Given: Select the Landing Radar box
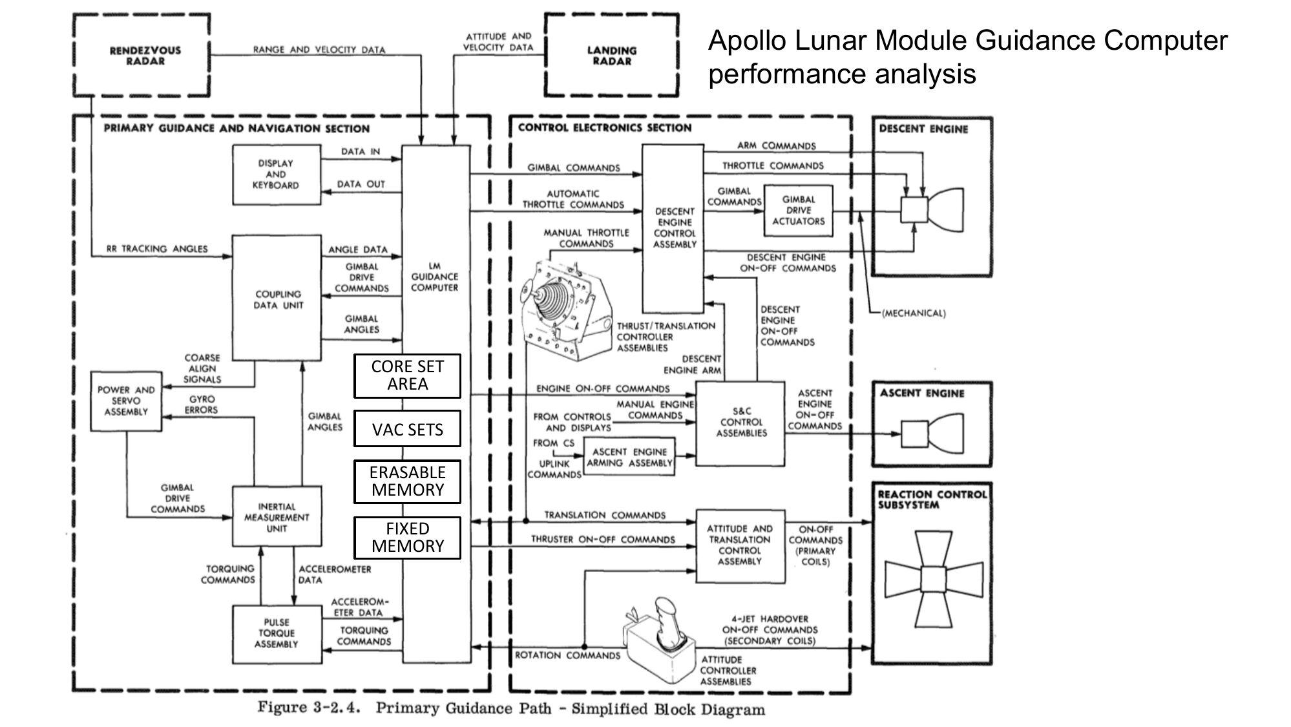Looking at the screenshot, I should [611, 56].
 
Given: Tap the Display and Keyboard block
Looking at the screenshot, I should [276, 174].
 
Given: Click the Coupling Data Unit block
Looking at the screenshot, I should [277, 298].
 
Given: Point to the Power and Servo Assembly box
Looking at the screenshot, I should [126, 401].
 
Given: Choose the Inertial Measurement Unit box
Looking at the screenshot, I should [277, 517].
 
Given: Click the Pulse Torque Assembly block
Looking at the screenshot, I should [277, 633].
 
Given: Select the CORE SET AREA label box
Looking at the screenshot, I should [407, 375].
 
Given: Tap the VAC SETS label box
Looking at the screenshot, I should [407, 429].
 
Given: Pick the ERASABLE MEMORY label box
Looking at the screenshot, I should [407, 481].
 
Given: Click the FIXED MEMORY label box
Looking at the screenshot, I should [407, 538].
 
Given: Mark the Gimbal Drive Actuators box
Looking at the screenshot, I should [798, 211].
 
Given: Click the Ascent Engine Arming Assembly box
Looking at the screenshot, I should [629, 458].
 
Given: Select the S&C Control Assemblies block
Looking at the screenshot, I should [740, 422].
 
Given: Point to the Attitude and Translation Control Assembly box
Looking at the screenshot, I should [740, 545].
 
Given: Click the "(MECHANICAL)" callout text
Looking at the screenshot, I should [914, 313].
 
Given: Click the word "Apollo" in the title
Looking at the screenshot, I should [748, 41].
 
